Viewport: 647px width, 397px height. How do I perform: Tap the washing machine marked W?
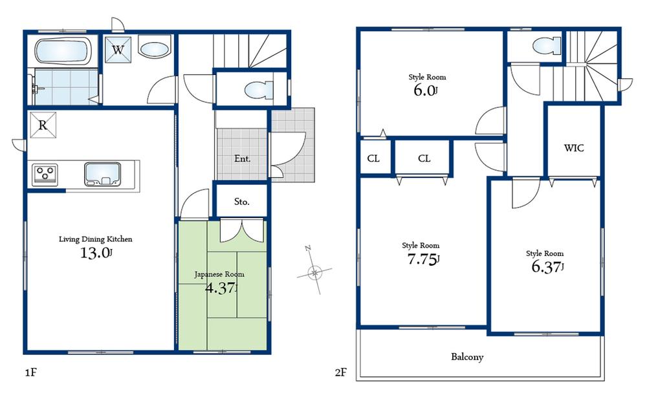point(119,49)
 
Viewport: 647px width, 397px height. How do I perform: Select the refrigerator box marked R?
point(43,125)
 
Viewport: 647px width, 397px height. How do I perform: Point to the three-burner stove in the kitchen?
point(45,173)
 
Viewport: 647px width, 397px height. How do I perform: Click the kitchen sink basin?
point(103,173)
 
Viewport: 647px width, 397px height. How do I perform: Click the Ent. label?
point(242,159)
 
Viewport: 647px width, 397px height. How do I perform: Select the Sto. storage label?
point(242,202)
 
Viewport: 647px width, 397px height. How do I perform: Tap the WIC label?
point(574,148)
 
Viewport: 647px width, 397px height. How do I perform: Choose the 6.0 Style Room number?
point(425,91)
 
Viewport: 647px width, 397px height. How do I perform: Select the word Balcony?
point(467,357)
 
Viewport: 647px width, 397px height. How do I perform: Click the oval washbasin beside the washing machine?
point(154,49)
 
